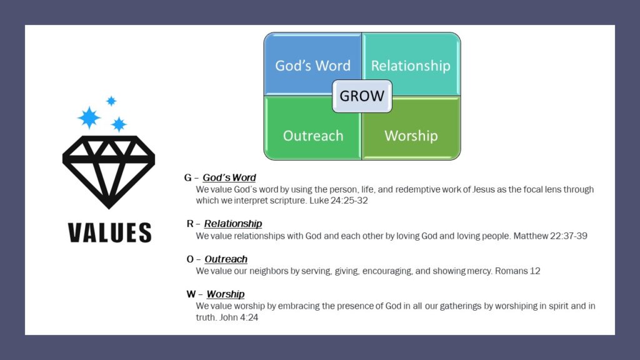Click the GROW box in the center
tap(362, 96)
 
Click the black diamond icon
tap(109, 172)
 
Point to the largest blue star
tap(89, 117)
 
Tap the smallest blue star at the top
tap(111, 101)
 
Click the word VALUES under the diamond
tap(109, 232)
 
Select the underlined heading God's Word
tap(229, 177)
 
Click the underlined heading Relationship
tap(233, 224)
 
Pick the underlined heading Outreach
tap(226, 259)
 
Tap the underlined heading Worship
tap(225, 294)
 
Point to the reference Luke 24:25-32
tap(338, 201)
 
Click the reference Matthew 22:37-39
tap(550, 236)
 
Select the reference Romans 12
tap(517, 271)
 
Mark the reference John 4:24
tap(238, 317)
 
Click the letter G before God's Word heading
tap(187, 177)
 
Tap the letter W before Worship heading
tap(191, 294)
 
